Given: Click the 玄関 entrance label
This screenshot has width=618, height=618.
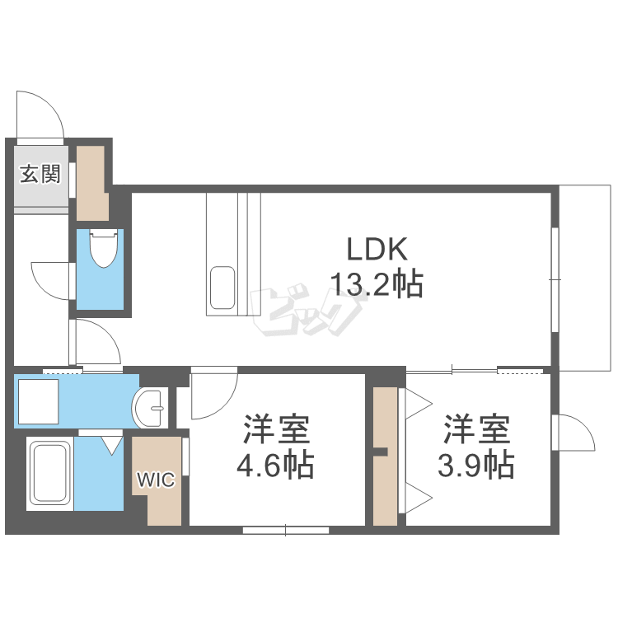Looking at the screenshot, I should click(40, 174).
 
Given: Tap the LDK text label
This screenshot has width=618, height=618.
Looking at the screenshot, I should click(376, 248).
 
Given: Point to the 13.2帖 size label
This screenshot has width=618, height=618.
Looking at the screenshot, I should click(376, 284).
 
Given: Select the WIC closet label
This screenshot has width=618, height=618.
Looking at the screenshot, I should click(156, 480).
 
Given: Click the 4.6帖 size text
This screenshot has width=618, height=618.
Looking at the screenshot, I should click(275, 466).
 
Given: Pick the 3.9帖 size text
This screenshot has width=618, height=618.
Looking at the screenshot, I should click(477, 466).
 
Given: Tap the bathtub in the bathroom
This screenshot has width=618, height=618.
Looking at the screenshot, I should click(49, 474).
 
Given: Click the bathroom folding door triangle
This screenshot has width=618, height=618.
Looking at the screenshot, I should click(111, 446).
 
